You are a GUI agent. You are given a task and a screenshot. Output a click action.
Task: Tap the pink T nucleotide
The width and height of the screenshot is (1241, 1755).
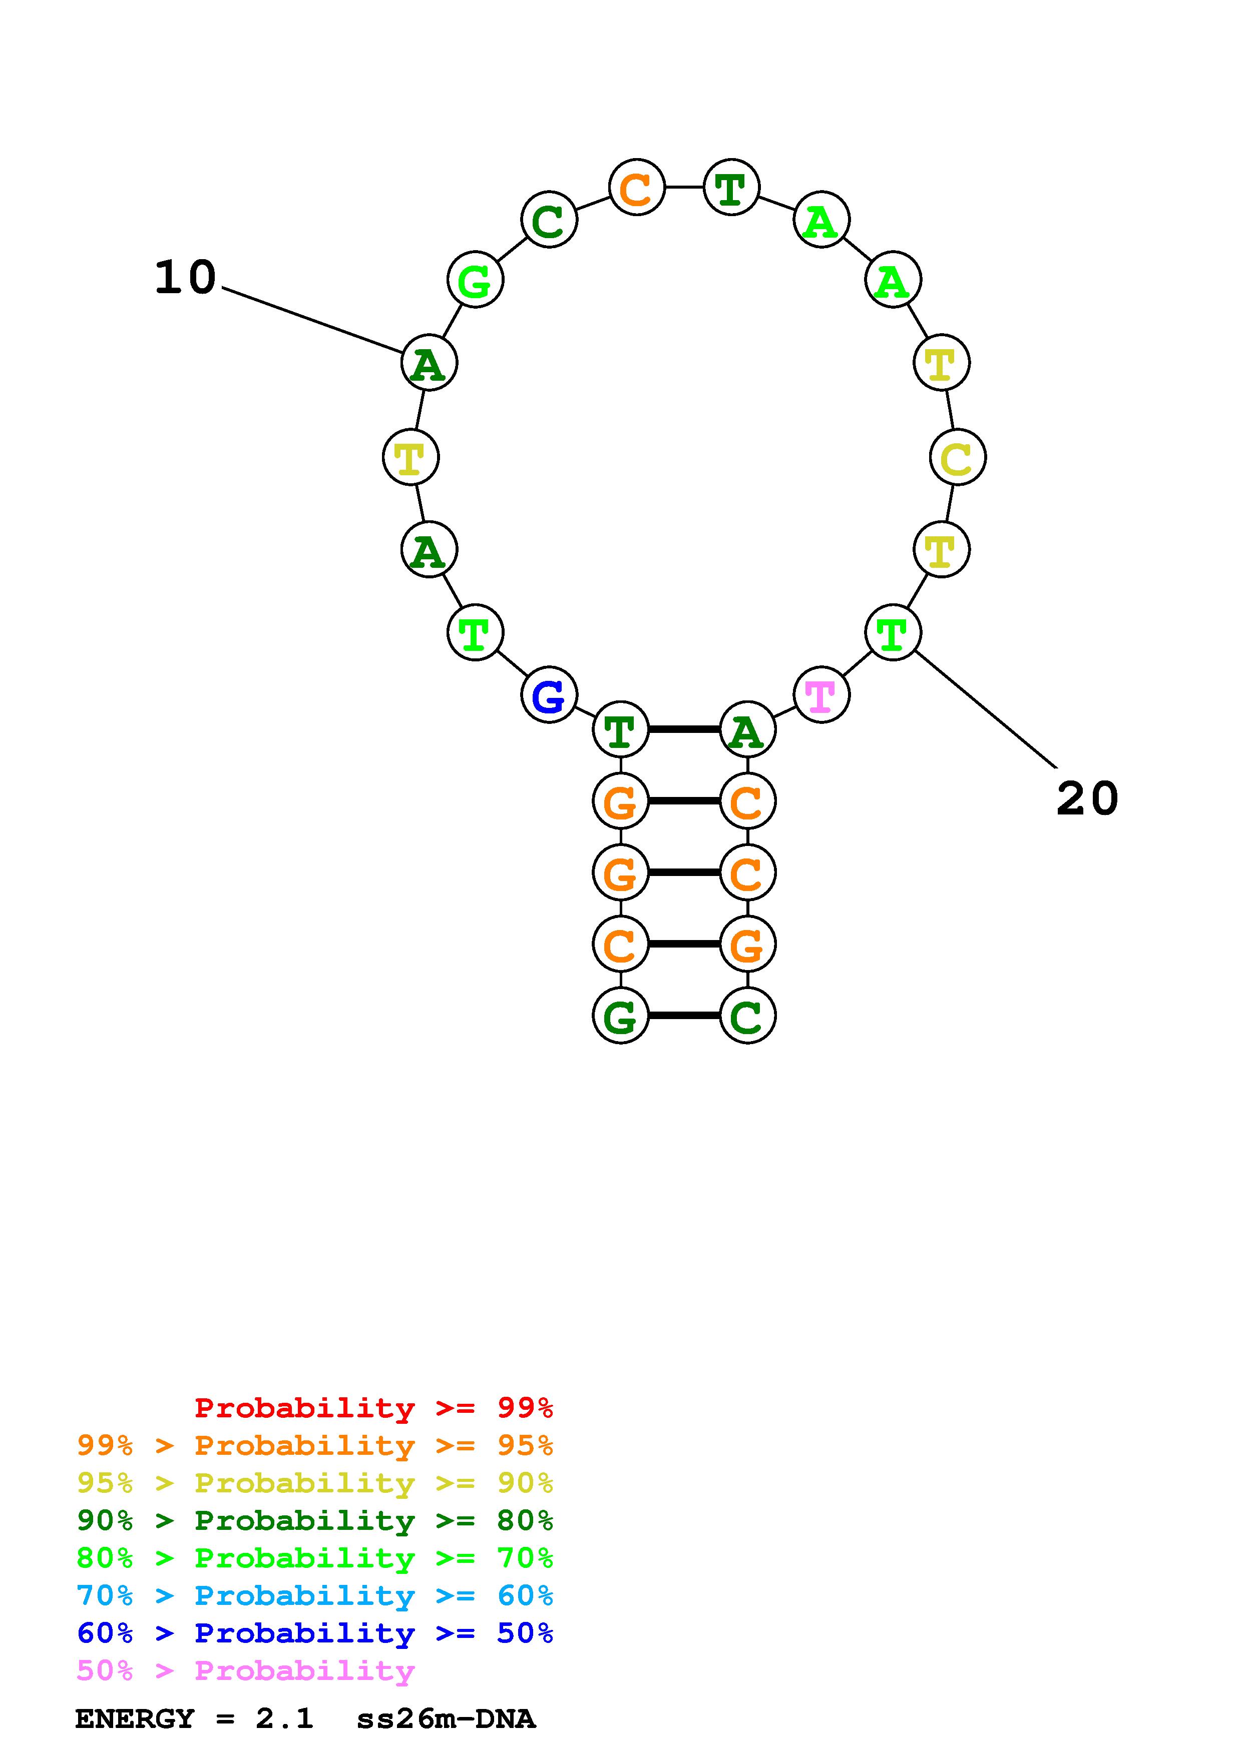tap(821, 695)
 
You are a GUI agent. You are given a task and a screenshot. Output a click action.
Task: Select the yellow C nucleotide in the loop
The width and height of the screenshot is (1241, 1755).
tap(957, 457)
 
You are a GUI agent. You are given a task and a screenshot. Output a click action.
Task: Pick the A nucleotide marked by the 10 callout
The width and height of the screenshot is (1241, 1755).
tap(429, 363)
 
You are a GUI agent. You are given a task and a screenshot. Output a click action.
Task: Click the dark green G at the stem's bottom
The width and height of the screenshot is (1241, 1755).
tap(620, 1016)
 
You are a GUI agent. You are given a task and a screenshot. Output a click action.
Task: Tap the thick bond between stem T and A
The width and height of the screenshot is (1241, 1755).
tap(684, 730)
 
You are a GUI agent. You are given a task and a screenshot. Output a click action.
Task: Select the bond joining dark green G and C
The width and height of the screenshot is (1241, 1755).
tap(684, 1016)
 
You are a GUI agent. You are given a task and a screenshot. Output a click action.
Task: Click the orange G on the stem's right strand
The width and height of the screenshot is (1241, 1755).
tap(747, 945)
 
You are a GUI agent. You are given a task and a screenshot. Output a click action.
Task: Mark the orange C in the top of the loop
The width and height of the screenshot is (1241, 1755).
tap(636, 187)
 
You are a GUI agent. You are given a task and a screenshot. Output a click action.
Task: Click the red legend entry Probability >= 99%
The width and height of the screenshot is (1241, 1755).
tap(373, 1408)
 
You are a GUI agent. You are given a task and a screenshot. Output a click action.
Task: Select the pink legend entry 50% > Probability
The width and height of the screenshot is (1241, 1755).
tap(245, 1671)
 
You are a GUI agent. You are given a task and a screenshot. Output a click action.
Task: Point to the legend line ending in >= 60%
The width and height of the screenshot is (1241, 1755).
tap(314, 1596)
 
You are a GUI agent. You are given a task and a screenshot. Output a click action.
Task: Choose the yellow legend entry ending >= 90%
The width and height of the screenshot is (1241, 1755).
tap(314, 1483)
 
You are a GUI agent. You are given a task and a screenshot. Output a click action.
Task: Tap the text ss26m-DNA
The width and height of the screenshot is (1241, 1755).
tap(446, 1719)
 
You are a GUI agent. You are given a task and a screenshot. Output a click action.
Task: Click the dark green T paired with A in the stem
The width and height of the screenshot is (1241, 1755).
tap(620, 730)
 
